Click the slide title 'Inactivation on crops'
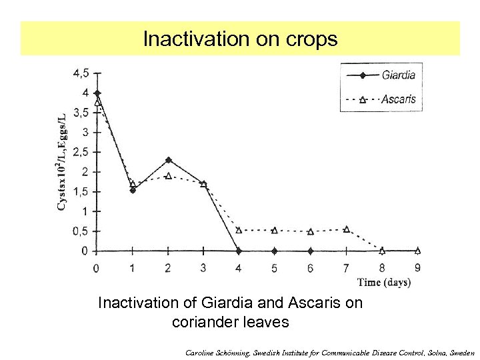coord(240,39)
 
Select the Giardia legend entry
coord(398,75)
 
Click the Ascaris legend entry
coord(398,99)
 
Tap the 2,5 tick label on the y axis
coord(81,152)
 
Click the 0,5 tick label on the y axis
coord(81,231)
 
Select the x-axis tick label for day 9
coord(418,268)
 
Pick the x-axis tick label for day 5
coord(275,268)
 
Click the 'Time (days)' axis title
coord(384,282)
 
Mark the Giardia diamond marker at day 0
coord(97,93)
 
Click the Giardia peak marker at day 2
coord(168,160)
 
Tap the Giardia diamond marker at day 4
coord(239,251)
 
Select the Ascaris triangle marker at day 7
coord(346,229)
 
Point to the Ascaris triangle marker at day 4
coord(239,230)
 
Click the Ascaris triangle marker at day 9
coord(418,251)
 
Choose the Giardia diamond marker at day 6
coord(311,251)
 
